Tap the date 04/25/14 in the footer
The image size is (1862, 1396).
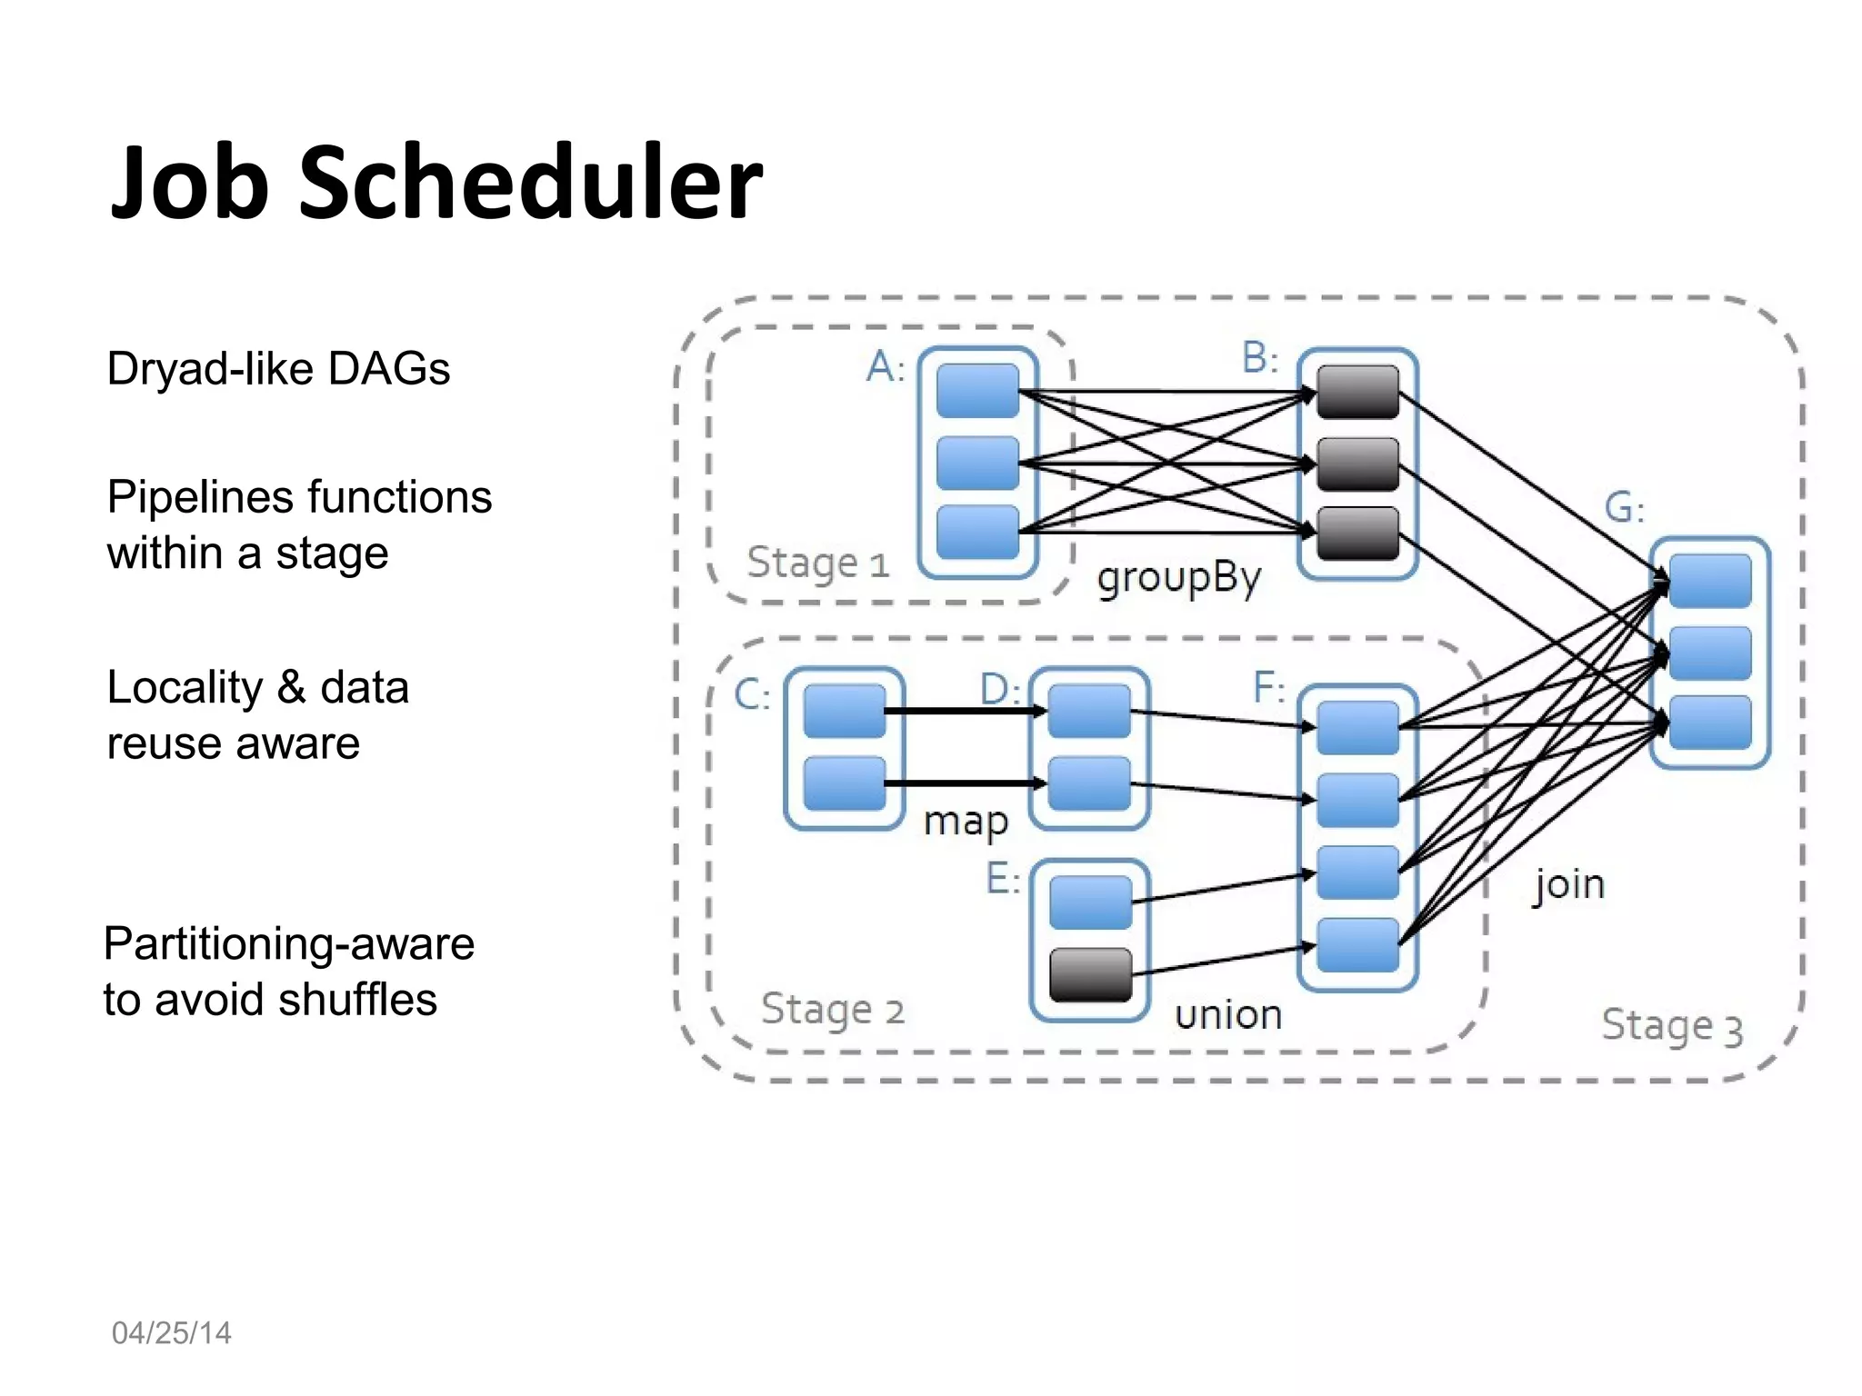pos(171,1332)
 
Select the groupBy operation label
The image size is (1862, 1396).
pos(1179,578)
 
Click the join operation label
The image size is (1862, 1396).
pos(1569,884)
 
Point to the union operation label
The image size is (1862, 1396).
pos(1228,1014)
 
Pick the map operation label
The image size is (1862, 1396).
pos(966,822)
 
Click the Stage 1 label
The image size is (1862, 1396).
pos(817,563)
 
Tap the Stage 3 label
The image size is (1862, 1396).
pos(1671,1026)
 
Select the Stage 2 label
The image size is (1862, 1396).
pos(832,1010)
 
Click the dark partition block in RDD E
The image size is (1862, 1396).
pos(1090,974)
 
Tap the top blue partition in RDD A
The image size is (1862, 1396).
pos(977,391)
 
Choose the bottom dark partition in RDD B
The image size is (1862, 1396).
pos(1357,533)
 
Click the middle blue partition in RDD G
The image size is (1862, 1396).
pos(1710,653)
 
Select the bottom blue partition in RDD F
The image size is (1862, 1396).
pos(1357,945)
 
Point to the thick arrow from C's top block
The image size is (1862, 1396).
pos(964,711)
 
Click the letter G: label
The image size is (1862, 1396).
pos(1624,507)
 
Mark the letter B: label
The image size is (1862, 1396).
pos(1260,358)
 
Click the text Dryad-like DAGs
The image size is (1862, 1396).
pos(278,369)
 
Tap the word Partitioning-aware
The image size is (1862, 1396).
pos(289,943)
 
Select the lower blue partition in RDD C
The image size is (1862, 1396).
pos(845,783)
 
